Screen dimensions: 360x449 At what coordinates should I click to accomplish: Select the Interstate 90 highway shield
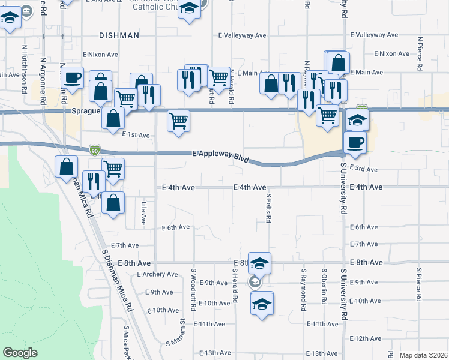click(95, 148)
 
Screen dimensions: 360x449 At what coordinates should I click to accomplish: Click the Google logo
click(20, 353)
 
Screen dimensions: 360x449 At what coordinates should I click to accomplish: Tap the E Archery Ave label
click(157, 274)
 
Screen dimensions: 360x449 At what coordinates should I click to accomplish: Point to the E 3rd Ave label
click(364, 170)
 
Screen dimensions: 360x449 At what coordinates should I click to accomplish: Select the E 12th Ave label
click(366, 339)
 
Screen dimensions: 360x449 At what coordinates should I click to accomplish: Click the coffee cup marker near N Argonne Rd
click(73, 78)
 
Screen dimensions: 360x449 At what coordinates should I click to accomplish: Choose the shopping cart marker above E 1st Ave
click(178, 121)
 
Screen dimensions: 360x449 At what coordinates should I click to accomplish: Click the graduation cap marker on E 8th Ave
click(259, 263)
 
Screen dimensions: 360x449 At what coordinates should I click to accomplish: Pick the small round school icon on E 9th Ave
click(255, 281)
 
